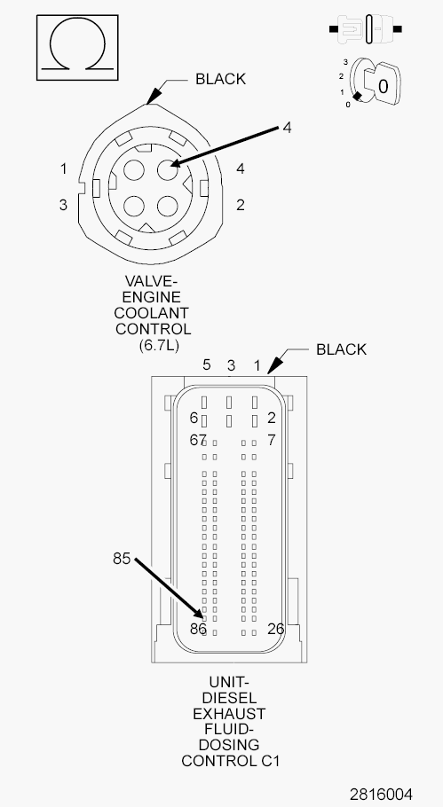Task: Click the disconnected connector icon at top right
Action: (366, 29)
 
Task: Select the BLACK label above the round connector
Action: (220, 79)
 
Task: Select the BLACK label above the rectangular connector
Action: (341, 349)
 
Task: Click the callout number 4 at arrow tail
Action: (287, 128)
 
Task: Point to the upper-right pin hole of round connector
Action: (168, 169)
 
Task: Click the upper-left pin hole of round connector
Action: (134, 169)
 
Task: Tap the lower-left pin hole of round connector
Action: (134, 207)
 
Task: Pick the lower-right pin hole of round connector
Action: (168, 207)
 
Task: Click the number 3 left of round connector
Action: (63, 205)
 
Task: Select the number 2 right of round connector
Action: (240, 205)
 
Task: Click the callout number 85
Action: (122, 559)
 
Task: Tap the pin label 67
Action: (198, 440)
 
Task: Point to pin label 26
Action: (275, 629)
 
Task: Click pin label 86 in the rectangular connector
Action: (198, 629)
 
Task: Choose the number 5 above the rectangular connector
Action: (207, 364)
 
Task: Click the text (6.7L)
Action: (159, 345)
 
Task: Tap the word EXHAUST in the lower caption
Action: (229, 714)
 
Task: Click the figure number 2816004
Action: (381, 794)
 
